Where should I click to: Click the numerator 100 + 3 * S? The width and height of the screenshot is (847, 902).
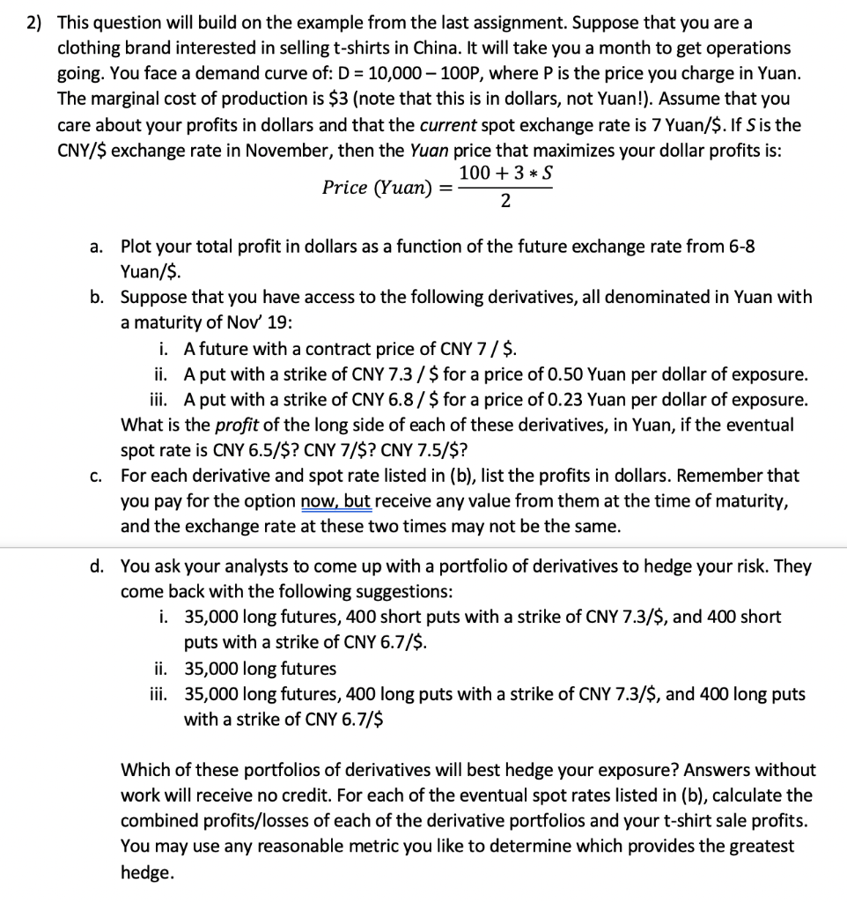click(506, 174)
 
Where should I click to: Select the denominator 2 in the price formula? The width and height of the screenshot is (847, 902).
click(505, 202)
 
